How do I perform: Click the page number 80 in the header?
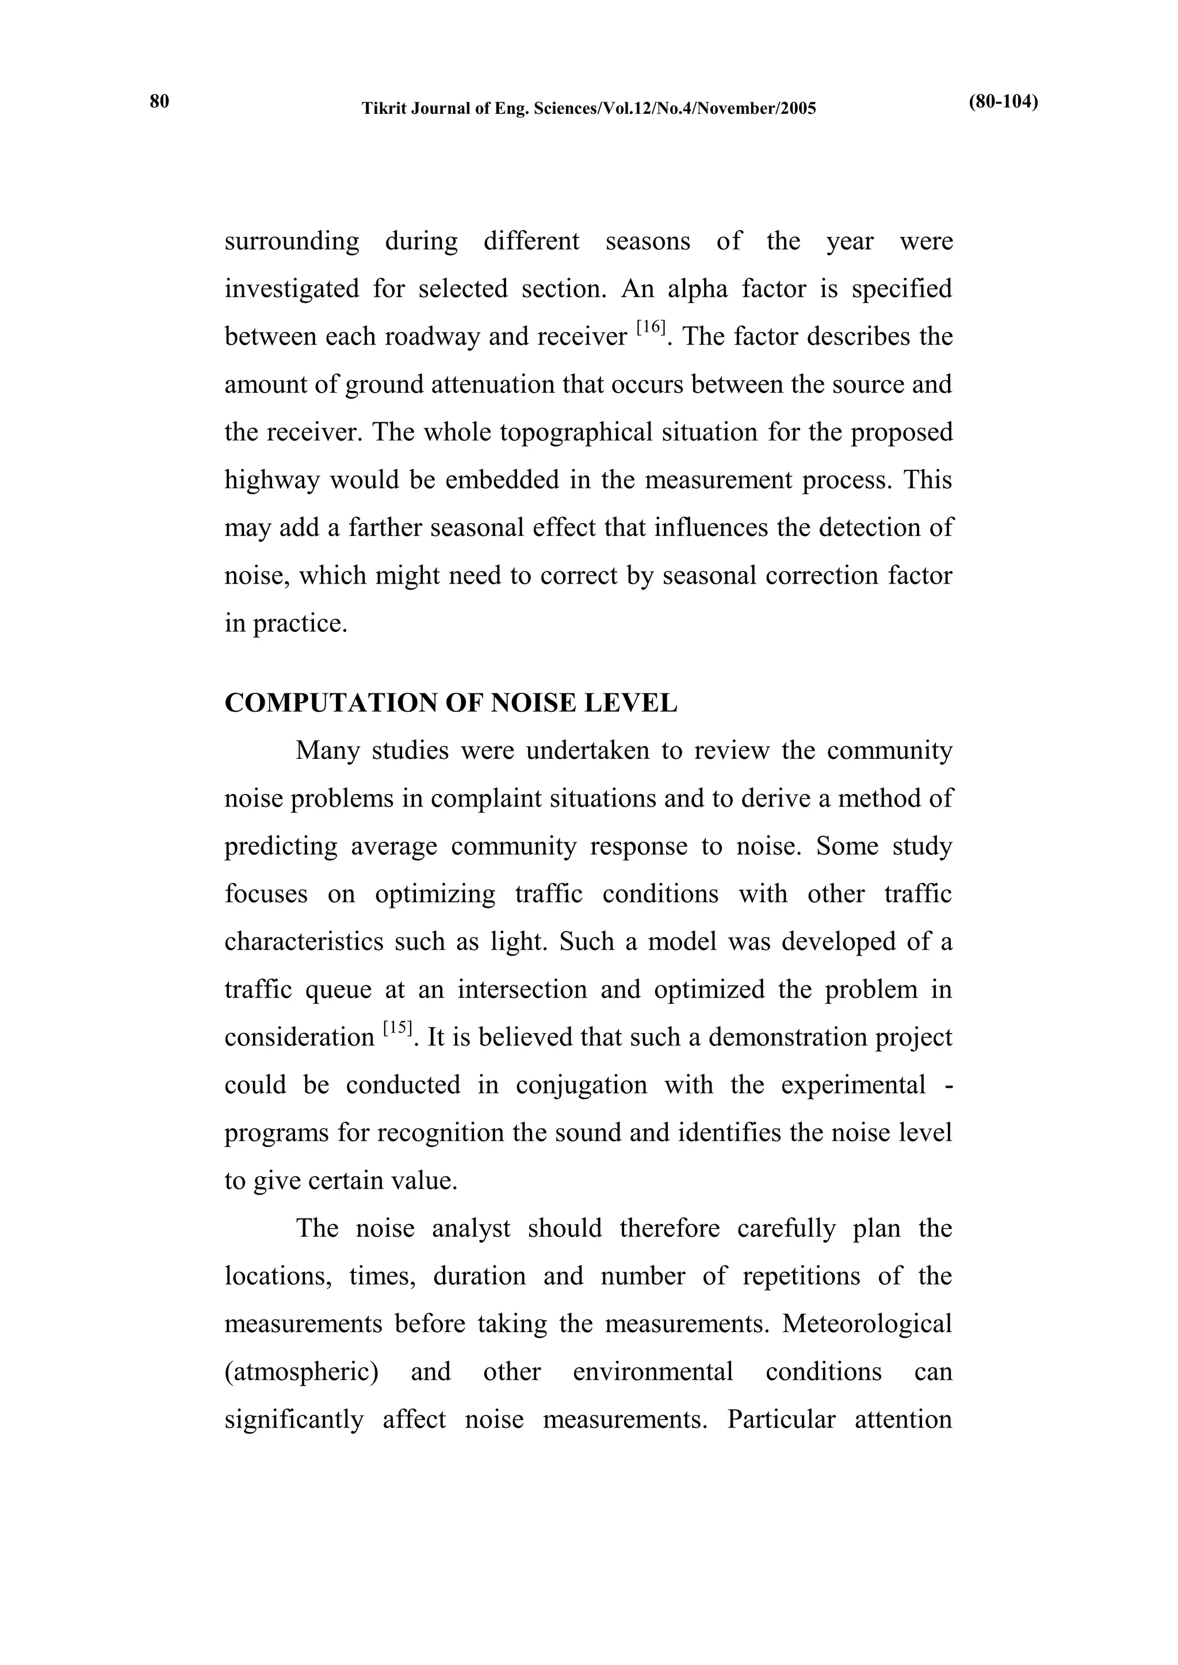tap(159, 102)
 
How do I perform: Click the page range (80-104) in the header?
tap(1003, 102)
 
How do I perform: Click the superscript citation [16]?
tap(651, 328)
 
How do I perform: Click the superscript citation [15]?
tap(397, 1029)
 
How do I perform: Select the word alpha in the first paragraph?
tap(697, 289)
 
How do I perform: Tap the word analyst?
tap(471, 1229)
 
